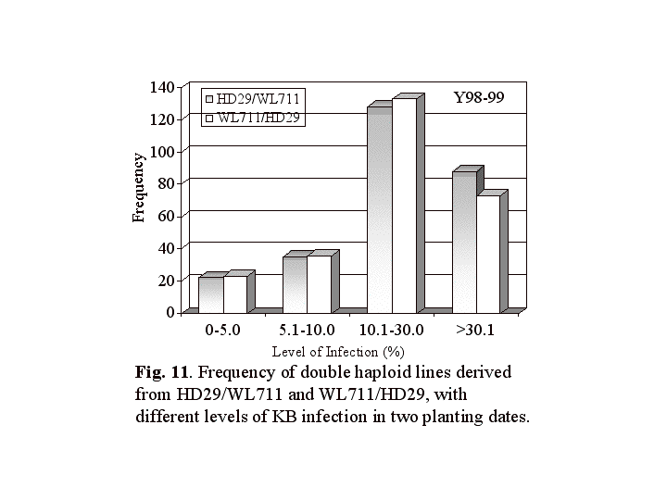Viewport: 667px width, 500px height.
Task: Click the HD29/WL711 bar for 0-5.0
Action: pyautogui.click(x=211, y=294)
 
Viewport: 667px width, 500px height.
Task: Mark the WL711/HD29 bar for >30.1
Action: pyautogui.click(x=488, y=254)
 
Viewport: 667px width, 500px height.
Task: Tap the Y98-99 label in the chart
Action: pyautogui.click(x=478, y=97)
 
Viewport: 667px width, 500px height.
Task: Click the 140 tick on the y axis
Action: pyautogui.click(x=161, y=87)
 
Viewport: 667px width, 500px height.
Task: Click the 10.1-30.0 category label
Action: pyautogui.click(x=391, y=329)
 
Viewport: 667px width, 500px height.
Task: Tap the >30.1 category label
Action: pyautogui.click(x=476, y=329)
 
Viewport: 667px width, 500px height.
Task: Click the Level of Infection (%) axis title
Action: pyautogui.click(x=338, y=352)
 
